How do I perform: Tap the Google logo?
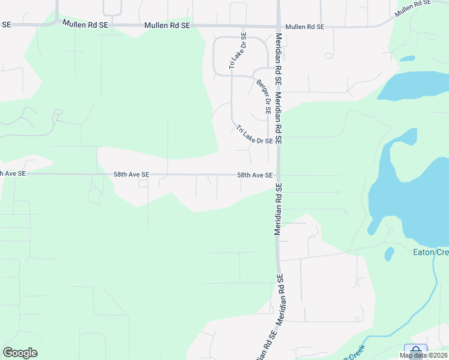20,353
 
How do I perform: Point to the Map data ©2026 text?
423,355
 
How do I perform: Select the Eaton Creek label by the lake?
430,252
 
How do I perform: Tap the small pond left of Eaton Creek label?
389,254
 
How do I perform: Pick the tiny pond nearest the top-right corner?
408,59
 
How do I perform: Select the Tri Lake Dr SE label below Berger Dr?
255,135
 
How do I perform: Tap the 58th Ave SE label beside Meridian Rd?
255,175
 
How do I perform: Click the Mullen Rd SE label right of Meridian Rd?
305,27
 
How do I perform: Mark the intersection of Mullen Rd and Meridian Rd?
279,26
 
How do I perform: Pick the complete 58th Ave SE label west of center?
131,174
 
